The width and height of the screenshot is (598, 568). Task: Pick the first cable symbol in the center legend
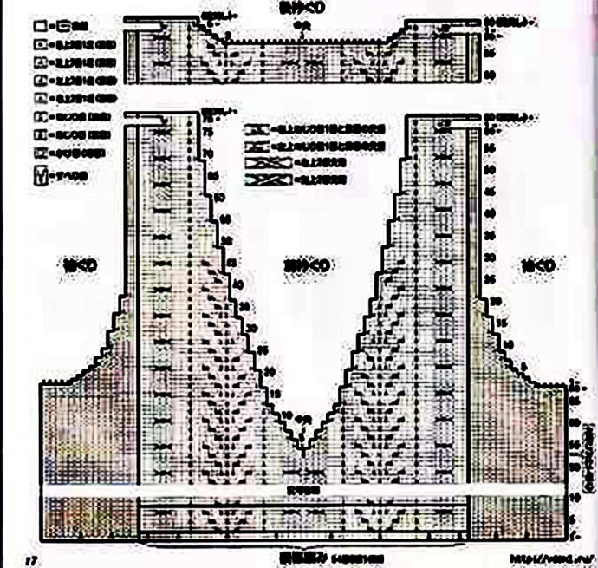[x=257, y=127]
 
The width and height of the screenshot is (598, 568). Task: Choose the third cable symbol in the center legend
[x=257, y=162]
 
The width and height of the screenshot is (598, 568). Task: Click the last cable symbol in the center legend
[x=257, y=180]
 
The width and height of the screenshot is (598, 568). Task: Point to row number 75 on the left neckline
[x=208, y=132]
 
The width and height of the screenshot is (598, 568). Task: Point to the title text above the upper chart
[x=302, y=7]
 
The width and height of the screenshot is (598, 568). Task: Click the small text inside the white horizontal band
[x=302, y=490]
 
